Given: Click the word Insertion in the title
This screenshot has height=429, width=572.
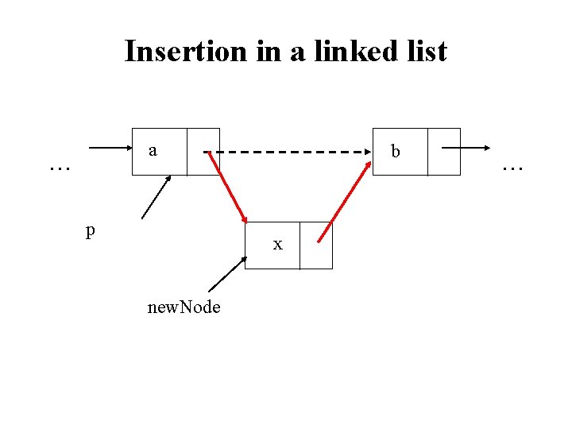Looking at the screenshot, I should tap(187, 52).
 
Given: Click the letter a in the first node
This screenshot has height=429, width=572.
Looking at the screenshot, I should tap(153, 150).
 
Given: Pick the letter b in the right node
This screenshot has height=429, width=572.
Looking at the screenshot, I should tap(396, 151).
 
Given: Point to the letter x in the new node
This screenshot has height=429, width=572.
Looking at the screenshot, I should tap(277, 245).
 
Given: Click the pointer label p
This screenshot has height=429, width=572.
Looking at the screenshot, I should tap(91, 230).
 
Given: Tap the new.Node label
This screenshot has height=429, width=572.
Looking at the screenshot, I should tap(184, 307).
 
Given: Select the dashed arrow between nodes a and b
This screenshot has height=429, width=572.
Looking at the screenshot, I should tap(294, 151).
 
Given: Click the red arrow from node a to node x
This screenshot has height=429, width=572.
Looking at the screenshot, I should tap(228, 188).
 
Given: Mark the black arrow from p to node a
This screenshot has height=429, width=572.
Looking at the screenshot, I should tap(157, 197).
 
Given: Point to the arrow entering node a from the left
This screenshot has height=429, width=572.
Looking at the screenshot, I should tap(110, 148).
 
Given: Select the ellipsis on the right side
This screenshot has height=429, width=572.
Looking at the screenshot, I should tap(512, 168).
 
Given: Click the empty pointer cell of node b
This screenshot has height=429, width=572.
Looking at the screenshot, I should tap(443, 151).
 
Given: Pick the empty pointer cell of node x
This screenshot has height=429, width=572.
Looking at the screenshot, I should tap(316, 245).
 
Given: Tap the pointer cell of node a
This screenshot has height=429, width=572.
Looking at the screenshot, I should tap(203, 151).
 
